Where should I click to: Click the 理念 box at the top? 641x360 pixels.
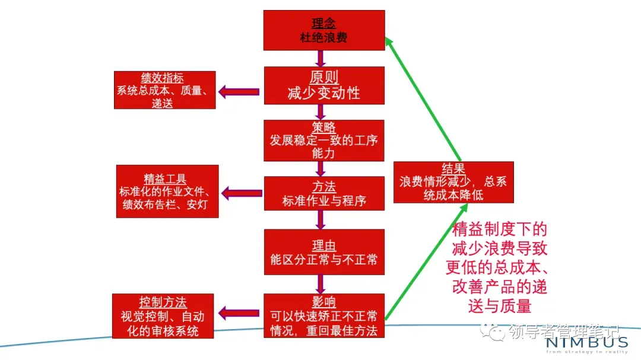coord(323,30)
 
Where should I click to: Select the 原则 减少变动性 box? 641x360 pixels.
coord(323,85)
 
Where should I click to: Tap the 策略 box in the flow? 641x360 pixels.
coord(323,141)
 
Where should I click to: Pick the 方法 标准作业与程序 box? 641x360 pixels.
coord(323,193)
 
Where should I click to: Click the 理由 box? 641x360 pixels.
coord(323,251)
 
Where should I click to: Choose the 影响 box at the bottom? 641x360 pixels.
coord(323,315)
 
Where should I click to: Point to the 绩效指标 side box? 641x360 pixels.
coord(164,90)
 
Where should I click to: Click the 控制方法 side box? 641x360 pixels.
coord(163,316)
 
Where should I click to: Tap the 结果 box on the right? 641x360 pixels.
coord(453,182)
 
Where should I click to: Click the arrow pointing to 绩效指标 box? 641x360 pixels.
coord(239,91)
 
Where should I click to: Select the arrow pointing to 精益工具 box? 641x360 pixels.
coord(242,193)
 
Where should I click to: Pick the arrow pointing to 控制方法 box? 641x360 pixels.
coord(239,313)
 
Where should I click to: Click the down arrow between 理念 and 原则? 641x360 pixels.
coord(320,58)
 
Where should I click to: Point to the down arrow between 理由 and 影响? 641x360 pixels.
coord(320,283)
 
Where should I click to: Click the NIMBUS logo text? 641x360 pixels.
coord(586,342)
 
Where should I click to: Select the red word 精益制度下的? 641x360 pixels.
coord(499,229)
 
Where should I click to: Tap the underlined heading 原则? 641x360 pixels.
coord(323,77)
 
